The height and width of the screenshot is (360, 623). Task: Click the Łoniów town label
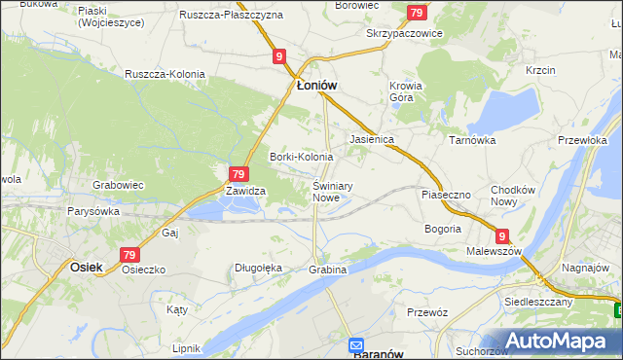pyautogui.click(x=316, y=85)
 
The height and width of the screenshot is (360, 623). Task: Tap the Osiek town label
pyautogui.click(x=87, y=264)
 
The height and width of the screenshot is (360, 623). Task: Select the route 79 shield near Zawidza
pyautogui.click(x=237, y=174)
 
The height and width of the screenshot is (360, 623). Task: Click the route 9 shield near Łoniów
pyautogui.click(x=279, y=57)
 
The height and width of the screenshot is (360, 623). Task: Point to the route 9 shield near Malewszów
pyautogui.click(x=501, y=235)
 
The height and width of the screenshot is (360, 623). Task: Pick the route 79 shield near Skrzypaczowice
pyautogui.click(x=417, y=13)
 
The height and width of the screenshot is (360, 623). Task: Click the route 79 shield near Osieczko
pyautogui.click(x=130, y=254)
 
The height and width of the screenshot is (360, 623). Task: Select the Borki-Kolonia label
pyautogui.click(x=301, y=157)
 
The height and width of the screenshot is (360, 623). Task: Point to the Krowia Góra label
pyautogui.click(x=406, y=91)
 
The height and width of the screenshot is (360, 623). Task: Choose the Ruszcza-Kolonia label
pyautogui.click(x=163, y=73)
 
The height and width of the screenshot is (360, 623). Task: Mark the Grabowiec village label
pyautogui.click(x=118, y=184)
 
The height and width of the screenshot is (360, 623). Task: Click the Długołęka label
pyautogui.click(x=258, y=268)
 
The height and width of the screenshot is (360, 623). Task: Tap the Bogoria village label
pyautogui.click(x=442, y=229)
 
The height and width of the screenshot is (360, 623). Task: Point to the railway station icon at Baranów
pyautogui.click(x=356, y=344)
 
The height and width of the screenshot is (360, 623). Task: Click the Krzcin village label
pyautogui.click(x=539, y=71)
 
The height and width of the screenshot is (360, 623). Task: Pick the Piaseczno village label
pyautogui.click(x=446, y=195)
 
